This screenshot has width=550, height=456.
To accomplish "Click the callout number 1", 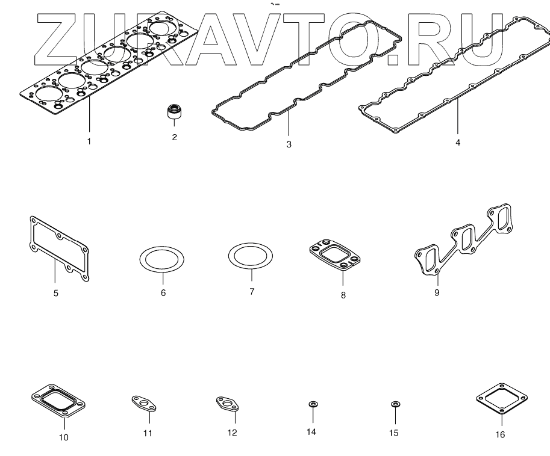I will click(x=89, y=141).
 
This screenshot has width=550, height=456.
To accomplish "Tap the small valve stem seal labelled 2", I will click(x=174, y=112).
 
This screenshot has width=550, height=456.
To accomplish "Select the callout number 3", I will click(x=289, y=145).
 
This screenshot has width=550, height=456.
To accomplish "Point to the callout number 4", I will click(x=458, y=143).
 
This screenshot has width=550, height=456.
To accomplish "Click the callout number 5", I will click(x=55, y=295).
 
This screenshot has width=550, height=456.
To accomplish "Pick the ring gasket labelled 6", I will click(x=162, y=259).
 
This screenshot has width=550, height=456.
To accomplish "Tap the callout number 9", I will click(x=437, y=293).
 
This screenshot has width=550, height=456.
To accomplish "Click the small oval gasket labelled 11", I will click(x=144, y=404).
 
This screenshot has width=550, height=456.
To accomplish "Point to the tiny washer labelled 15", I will click(x=395, y=404).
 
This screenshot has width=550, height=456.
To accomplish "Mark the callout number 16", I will click(x=500, y=434).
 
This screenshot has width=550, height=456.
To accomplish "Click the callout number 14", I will click(x=311, y=432).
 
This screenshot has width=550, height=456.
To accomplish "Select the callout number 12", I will click(x=232, y=433).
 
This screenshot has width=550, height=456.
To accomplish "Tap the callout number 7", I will click(x=252, y=292).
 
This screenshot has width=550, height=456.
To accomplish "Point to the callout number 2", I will click(x=174, y=137).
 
